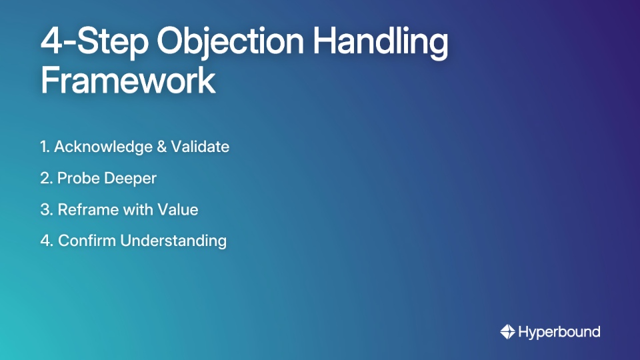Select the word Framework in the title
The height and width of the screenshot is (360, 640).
(128, 81)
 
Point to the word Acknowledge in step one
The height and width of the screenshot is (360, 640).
(103, 147)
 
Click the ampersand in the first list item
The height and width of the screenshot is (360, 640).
(162, 147)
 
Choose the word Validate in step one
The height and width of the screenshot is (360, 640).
(201, 147)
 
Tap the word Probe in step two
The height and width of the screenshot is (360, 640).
(78, 179)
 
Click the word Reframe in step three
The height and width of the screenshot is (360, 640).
(87, 209)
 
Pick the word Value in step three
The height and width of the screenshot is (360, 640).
(177, 209)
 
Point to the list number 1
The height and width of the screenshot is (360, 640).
(44, 147)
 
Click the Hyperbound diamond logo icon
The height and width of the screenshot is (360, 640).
(507, 331)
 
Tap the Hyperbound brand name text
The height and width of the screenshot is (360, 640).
(559, 331)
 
